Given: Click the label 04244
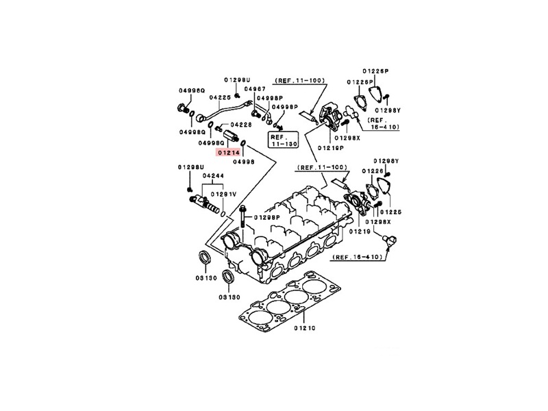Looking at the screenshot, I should coord(212,175).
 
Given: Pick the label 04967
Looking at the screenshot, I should coord(256,90).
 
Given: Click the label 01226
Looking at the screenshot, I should coord(373,171).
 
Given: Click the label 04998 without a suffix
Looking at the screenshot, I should coord(244,162).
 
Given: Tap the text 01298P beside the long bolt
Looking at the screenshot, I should coord(267,217).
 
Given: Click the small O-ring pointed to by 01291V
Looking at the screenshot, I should coord(224,214).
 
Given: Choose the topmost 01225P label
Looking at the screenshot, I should coord(376,71).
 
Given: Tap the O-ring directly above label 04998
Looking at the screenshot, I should coord(245,145).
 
